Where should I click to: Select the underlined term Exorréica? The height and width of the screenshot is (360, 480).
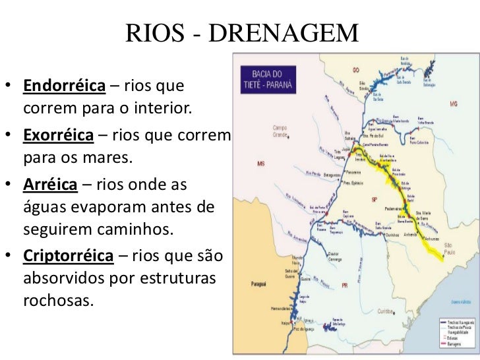pyautogui.click(x=59, y=136)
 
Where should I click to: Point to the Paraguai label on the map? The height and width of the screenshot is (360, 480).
pyautogui.click(x=258, y=284)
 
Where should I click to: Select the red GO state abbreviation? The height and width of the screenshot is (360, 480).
pyautogui.click(x=355, y=69)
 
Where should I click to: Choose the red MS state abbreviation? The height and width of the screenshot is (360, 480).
pyautogui.click(x=261, y=164)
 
